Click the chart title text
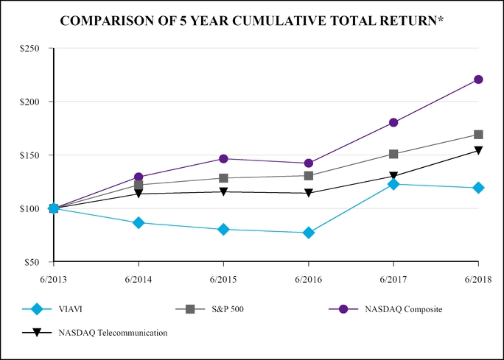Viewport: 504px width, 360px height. [252, 20]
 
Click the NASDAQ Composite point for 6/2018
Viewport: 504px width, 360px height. [478, 80]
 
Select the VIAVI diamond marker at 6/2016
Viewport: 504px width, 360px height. [308, 233]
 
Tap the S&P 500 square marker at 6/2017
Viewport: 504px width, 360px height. [393, 154]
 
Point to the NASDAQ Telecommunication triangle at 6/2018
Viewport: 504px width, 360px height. [478, 150]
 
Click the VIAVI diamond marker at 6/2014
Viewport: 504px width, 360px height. [139, 222]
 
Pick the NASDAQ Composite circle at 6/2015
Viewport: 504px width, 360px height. [223, 159]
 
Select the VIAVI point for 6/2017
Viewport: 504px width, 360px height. [393, 184]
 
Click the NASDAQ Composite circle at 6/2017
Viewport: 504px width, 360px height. [393, 122]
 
